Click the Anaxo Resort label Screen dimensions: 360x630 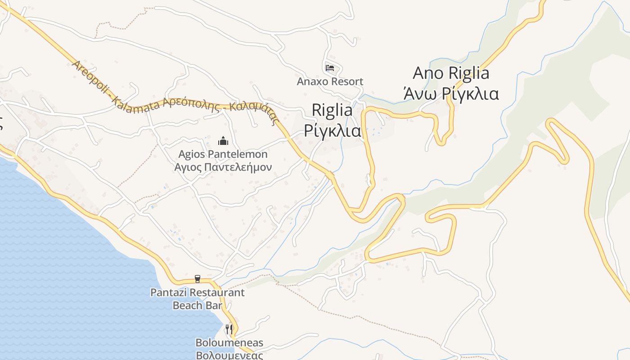point(330,81)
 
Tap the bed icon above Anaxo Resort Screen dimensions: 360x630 point(330,68)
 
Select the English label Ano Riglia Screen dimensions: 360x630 point(451,73)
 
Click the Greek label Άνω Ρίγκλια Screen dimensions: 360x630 point(451,94)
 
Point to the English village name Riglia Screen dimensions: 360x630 point(332,110)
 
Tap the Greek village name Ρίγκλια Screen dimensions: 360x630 point(333,130)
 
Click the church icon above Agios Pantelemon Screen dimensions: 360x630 point(223,141)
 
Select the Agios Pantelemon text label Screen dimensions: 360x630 point(223,154)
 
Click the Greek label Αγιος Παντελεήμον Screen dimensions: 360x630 point(223,167)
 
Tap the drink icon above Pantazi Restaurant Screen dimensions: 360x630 point(197,279)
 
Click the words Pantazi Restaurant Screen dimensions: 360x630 point(198,292)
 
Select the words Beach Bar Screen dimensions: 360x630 point(198,306)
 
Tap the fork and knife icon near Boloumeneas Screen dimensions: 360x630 point(229,329)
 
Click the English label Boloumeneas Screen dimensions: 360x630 point(229,343)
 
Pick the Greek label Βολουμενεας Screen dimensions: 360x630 point(229,355)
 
